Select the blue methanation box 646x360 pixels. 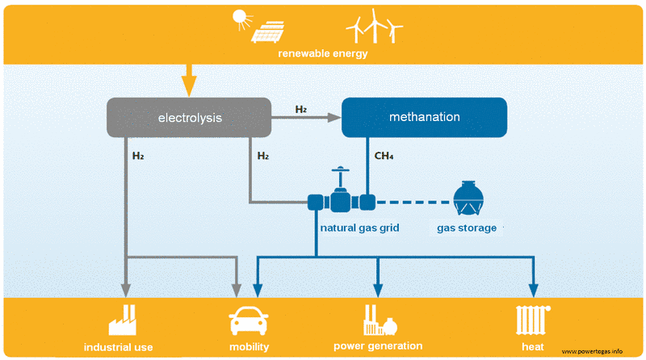coord(424,117)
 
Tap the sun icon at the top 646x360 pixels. coord(241,17)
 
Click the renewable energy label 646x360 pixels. coord(322,54)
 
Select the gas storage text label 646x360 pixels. coord(467,228)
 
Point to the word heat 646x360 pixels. coord(531,347)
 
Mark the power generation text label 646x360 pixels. coord(378,346)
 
